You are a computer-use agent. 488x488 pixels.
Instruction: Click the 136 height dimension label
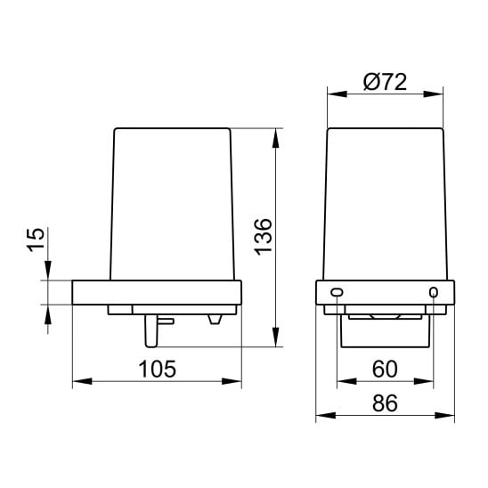[x=264, y=237]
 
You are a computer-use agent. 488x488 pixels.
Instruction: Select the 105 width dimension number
[x=157, y=369]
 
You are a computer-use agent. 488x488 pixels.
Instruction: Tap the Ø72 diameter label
[x=386, y=82]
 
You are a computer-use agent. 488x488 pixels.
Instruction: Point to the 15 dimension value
[x=35, y=240]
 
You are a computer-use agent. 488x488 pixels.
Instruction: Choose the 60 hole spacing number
[x=385, y=369]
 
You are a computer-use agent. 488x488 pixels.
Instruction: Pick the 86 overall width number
[x=385, y=403]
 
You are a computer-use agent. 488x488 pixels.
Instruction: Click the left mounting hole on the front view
[x=337, y=292]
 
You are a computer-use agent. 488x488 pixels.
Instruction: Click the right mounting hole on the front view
[x=434, y=292]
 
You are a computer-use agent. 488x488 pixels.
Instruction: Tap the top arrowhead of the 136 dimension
[x=275, y=138]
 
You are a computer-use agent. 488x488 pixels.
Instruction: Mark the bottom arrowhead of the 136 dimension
[x=275, y=337]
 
